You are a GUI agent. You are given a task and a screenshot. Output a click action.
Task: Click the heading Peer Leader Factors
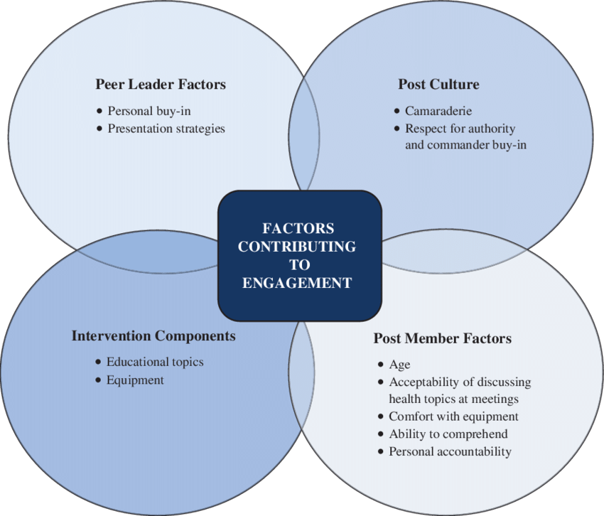pos(161,85)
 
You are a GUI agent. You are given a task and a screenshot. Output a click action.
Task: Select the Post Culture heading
pos(438,85)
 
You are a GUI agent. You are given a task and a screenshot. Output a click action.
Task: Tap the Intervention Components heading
pos(153,335)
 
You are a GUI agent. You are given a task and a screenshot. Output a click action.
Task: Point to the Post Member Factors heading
pos(442,338)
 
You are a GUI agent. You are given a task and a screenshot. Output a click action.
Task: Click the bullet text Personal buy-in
pos(149,111)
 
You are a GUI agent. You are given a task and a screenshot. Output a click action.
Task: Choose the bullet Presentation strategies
pos(166,129)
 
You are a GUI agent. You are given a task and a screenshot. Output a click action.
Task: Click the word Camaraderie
pos(438,111)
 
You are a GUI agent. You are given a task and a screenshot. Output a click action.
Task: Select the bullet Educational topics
pos(155,362)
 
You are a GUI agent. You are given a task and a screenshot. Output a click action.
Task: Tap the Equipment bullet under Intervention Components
pos(135,380)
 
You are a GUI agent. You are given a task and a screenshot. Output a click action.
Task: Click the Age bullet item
pos(399,365)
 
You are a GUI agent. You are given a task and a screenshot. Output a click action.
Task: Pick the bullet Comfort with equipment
pos(453,416)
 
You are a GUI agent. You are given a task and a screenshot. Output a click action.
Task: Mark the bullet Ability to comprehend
pos(448,434)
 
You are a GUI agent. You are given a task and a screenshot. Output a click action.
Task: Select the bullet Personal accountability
pos(450,451)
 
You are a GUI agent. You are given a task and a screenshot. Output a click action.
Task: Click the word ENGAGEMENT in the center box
pos(297,282)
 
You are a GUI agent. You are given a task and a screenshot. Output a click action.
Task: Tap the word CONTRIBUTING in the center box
pos(297,247)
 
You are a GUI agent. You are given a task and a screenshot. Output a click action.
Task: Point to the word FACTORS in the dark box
pos(298,229)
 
